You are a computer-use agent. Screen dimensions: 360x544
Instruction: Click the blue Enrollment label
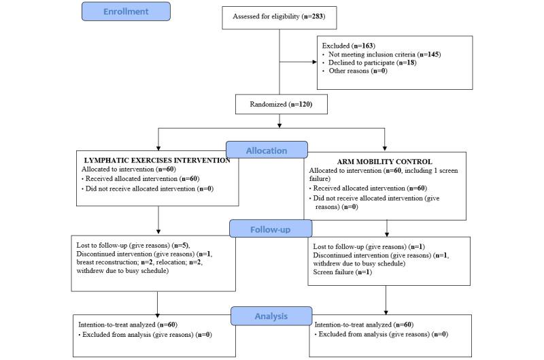[125, 12]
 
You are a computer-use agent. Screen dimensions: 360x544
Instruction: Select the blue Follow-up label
[269, 228]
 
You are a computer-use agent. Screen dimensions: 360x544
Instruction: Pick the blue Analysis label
[269, 316]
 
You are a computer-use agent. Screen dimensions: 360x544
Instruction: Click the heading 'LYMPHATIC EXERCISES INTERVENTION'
[158, 160]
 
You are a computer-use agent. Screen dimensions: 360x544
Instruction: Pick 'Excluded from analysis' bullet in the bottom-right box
[381, 334]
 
